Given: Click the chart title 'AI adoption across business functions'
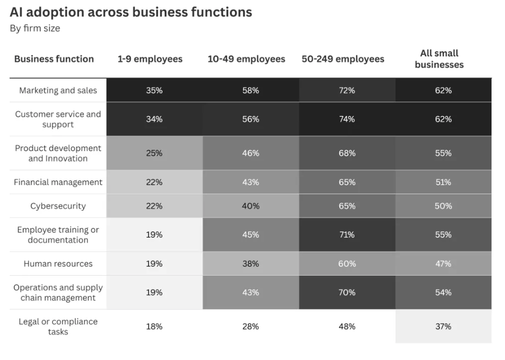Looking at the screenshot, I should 131,12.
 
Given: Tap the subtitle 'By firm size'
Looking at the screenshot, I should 35,28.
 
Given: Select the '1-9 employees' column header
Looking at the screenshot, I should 150,59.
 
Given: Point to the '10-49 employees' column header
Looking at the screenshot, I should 246,59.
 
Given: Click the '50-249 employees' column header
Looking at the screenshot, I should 343,59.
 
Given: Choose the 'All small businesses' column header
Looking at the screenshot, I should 439,59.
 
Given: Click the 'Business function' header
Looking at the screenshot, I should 54,59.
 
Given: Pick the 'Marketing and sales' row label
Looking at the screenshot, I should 58,91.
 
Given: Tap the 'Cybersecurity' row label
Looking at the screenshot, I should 58,206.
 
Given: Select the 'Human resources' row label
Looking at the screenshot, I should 58,264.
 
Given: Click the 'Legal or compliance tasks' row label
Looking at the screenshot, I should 58,326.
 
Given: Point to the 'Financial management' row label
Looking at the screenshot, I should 58,182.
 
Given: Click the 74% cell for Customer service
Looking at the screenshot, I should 347,119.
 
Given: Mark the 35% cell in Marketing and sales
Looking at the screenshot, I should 154,91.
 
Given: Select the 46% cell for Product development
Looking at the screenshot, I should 251,153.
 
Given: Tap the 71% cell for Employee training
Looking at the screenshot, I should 347,235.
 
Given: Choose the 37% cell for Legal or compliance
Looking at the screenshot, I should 444,326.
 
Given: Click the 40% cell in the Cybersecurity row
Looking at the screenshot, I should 251,206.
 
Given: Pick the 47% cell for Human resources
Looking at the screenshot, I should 444,264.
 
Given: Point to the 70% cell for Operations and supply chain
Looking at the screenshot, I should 347,292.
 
